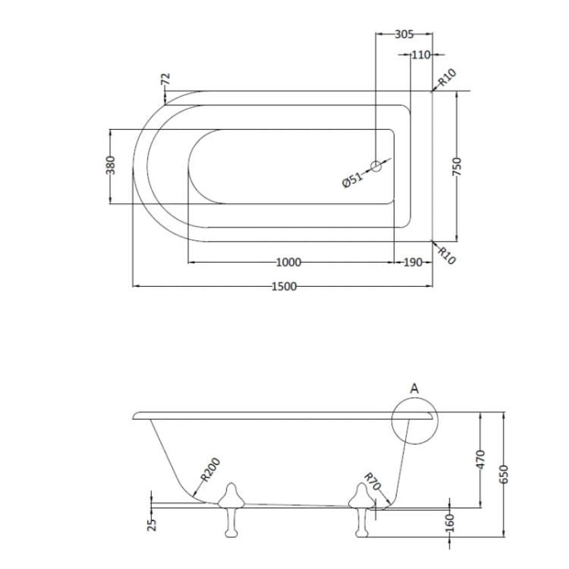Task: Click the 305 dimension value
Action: coord(404,34)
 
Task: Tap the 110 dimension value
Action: coord(421,55)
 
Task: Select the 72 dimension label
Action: coord(165,79)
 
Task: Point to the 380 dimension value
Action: coord(111,165)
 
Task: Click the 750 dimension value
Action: coord(457,167)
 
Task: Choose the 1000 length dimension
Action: coord(288,262)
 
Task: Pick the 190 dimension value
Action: coord(413,262)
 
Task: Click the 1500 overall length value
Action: coord(284,286)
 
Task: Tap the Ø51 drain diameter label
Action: coord(352,180)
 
